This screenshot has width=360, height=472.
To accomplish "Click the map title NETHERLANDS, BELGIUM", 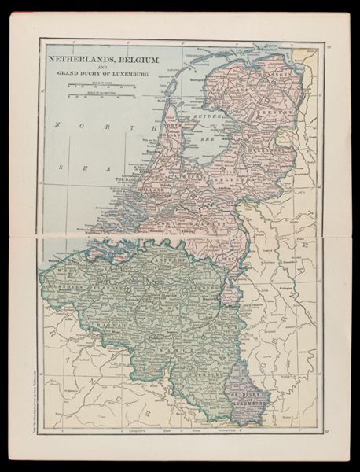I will (x=102, y=59).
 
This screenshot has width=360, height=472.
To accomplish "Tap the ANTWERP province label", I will (x=174, y=263).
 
